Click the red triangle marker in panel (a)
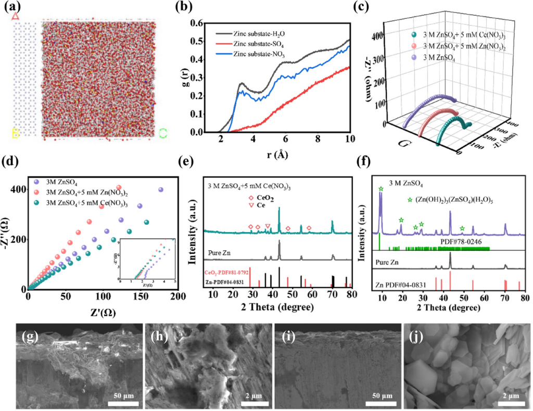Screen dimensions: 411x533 [x=16, y=16]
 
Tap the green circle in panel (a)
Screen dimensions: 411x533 [x=163, y=133]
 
